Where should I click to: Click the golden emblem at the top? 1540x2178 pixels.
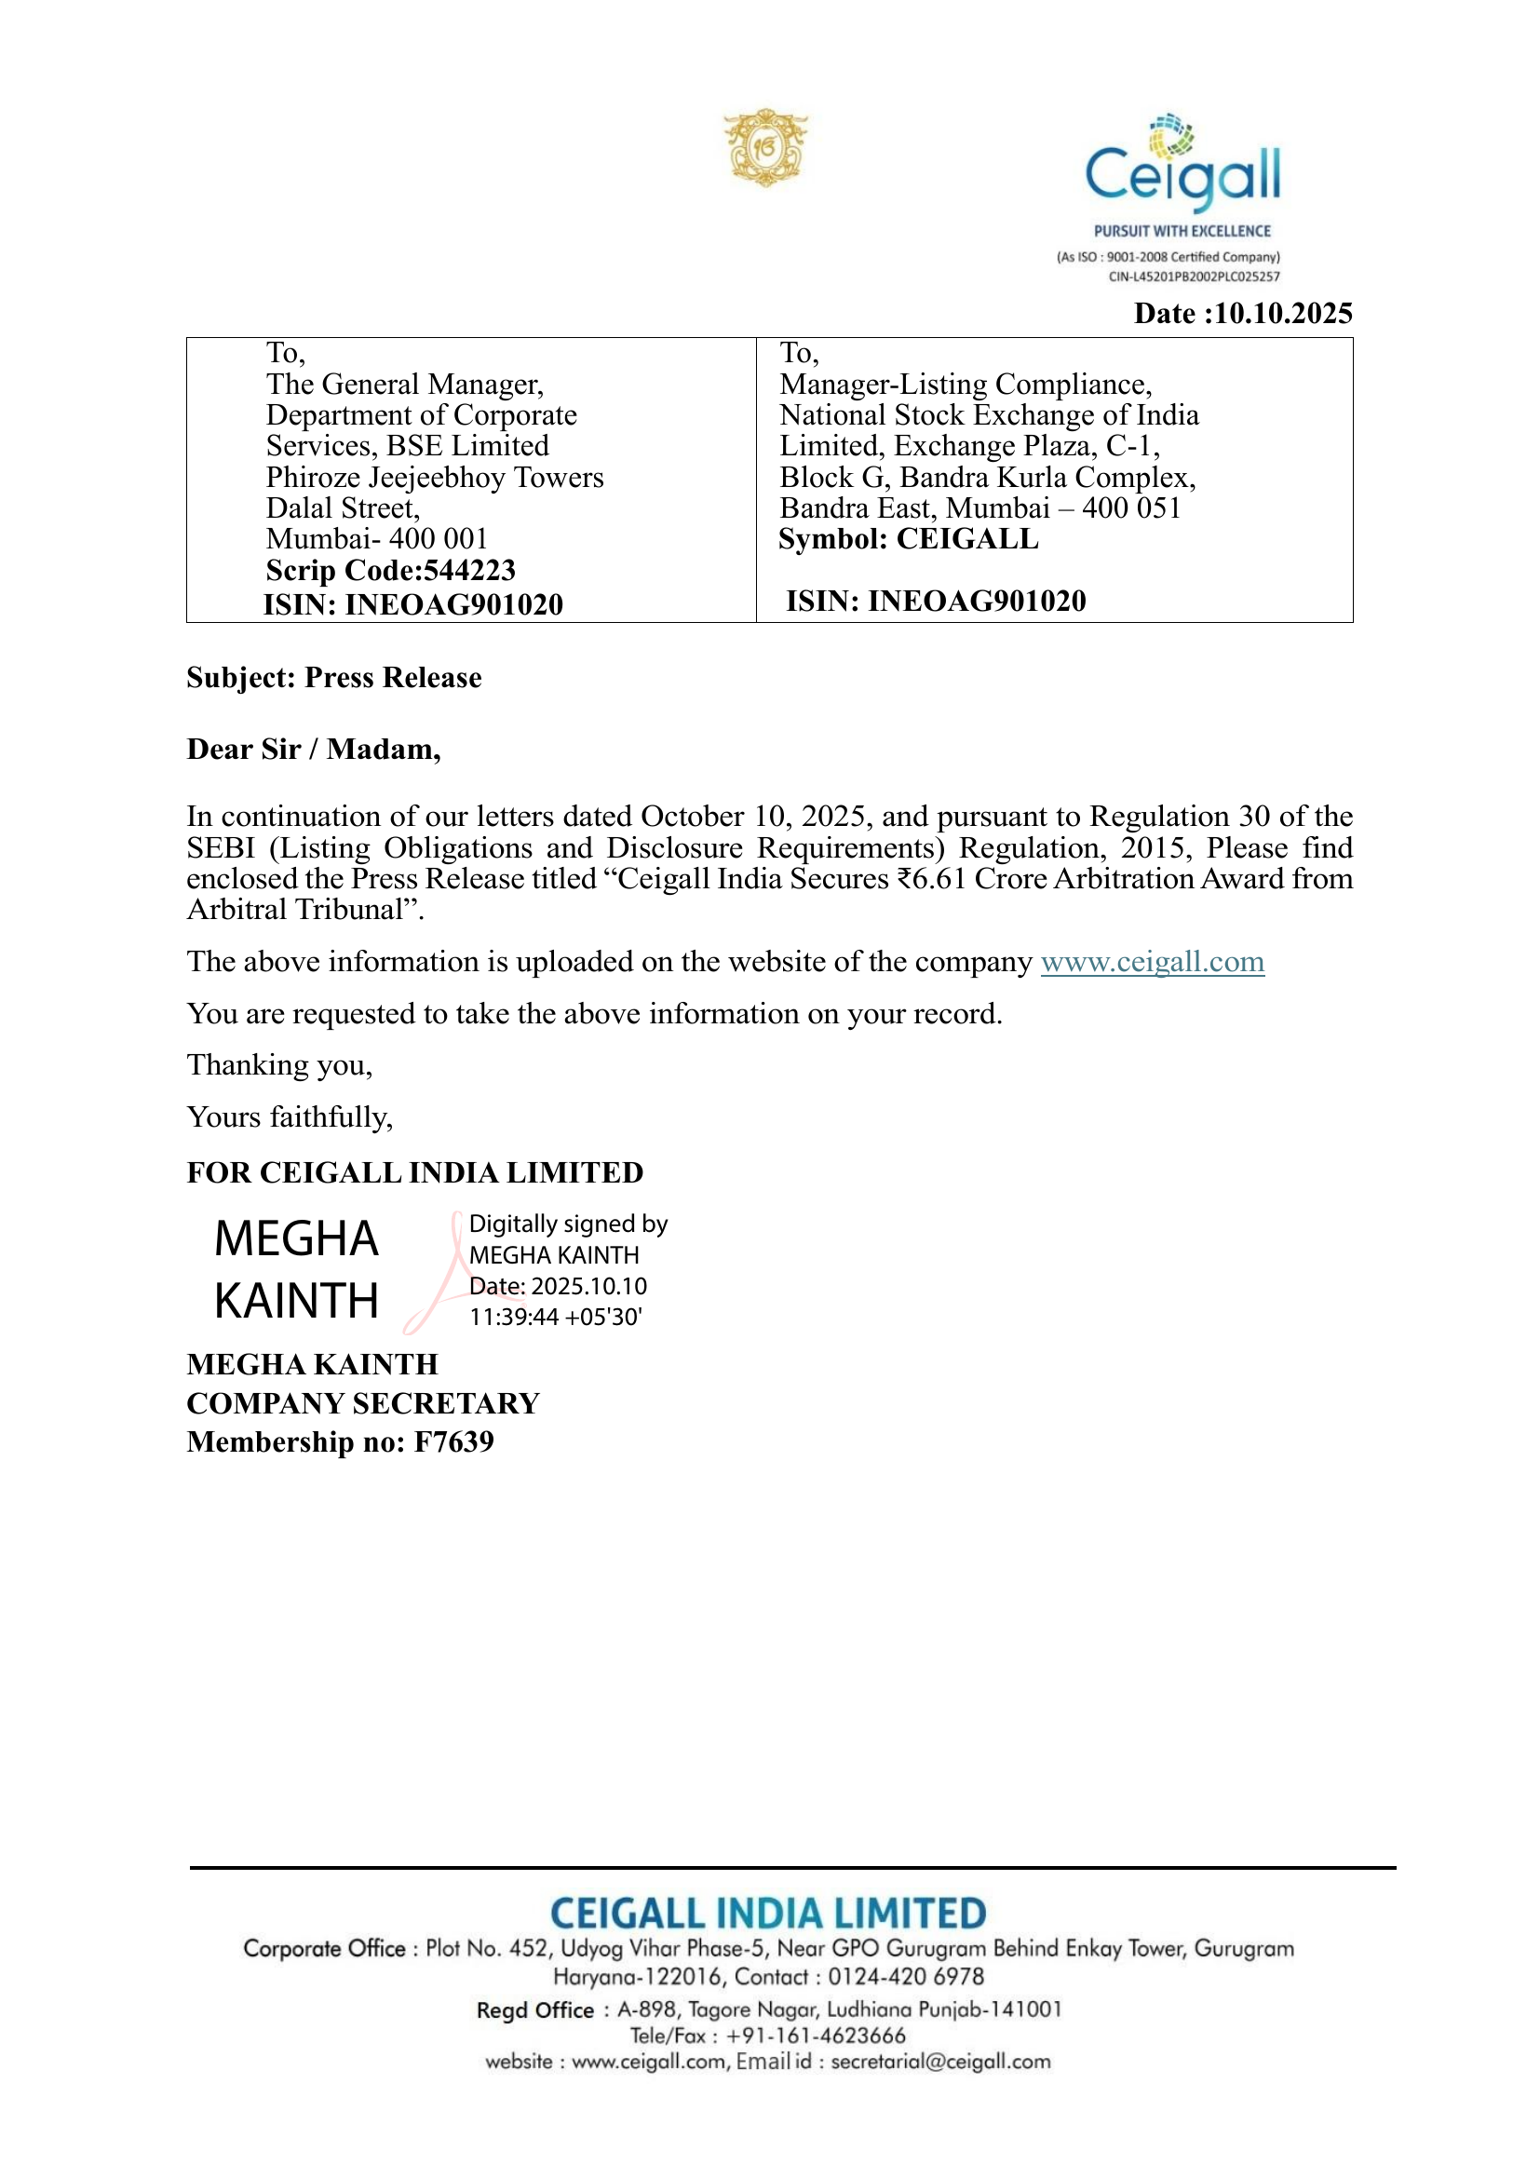765,147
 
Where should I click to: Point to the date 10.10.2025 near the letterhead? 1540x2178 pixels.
1283,314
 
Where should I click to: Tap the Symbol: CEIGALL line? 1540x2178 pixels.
908,539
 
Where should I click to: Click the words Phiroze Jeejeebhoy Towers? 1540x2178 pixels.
434,477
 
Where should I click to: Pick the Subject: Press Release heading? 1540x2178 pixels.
334,677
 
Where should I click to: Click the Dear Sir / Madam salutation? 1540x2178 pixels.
314,750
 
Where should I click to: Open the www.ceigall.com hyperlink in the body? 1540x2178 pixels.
1152,962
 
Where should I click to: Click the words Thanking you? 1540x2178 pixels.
279,1065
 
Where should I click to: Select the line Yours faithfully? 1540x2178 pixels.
290,1117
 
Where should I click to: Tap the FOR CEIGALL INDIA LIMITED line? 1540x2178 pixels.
414,1172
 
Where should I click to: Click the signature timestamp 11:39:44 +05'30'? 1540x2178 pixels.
556,1317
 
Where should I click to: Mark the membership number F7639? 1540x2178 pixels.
454,1441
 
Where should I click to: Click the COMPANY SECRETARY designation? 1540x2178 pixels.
363,1403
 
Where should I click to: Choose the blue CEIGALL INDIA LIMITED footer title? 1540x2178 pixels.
768,1914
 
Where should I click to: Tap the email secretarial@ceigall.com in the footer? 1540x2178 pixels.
940,2062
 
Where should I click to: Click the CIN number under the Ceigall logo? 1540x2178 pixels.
1194,277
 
